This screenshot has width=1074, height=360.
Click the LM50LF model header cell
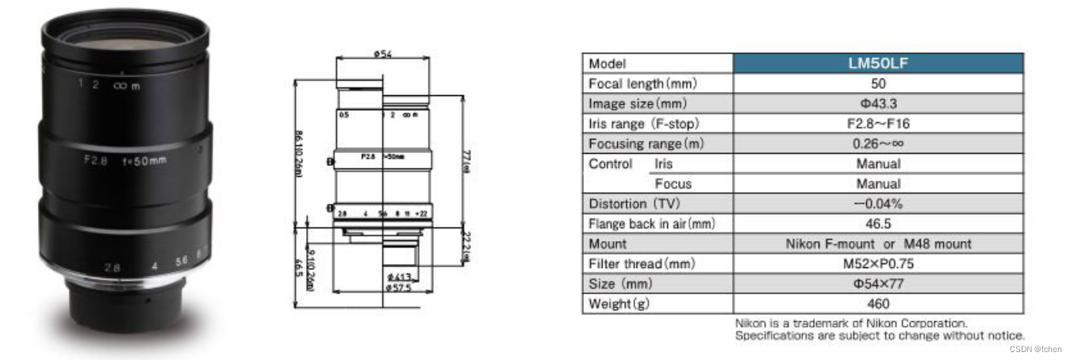(x=878, y=63)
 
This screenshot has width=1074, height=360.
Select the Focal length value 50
(x=878, y=83)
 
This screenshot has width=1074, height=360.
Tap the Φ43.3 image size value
(x=878, y=104)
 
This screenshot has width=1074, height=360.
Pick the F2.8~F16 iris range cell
(x=878, y=124)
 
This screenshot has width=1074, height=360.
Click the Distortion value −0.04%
(x=878, y=204)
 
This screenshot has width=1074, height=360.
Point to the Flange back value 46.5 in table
(x=878, y=224)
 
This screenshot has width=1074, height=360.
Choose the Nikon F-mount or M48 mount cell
(x=878, y=244)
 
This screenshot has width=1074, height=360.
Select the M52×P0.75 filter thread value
(x=878, y=264)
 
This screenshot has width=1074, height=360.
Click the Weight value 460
(x=878, y=304)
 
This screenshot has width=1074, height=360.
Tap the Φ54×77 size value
(x=878, y=284)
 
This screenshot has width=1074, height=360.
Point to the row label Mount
(x=607, y=244)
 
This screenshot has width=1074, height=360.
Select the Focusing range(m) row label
(x=646, y=144)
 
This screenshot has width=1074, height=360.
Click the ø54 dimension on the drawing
(x=384, y=55)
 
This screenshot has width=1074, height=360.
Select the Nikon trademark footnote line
(x=851, y=324)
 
